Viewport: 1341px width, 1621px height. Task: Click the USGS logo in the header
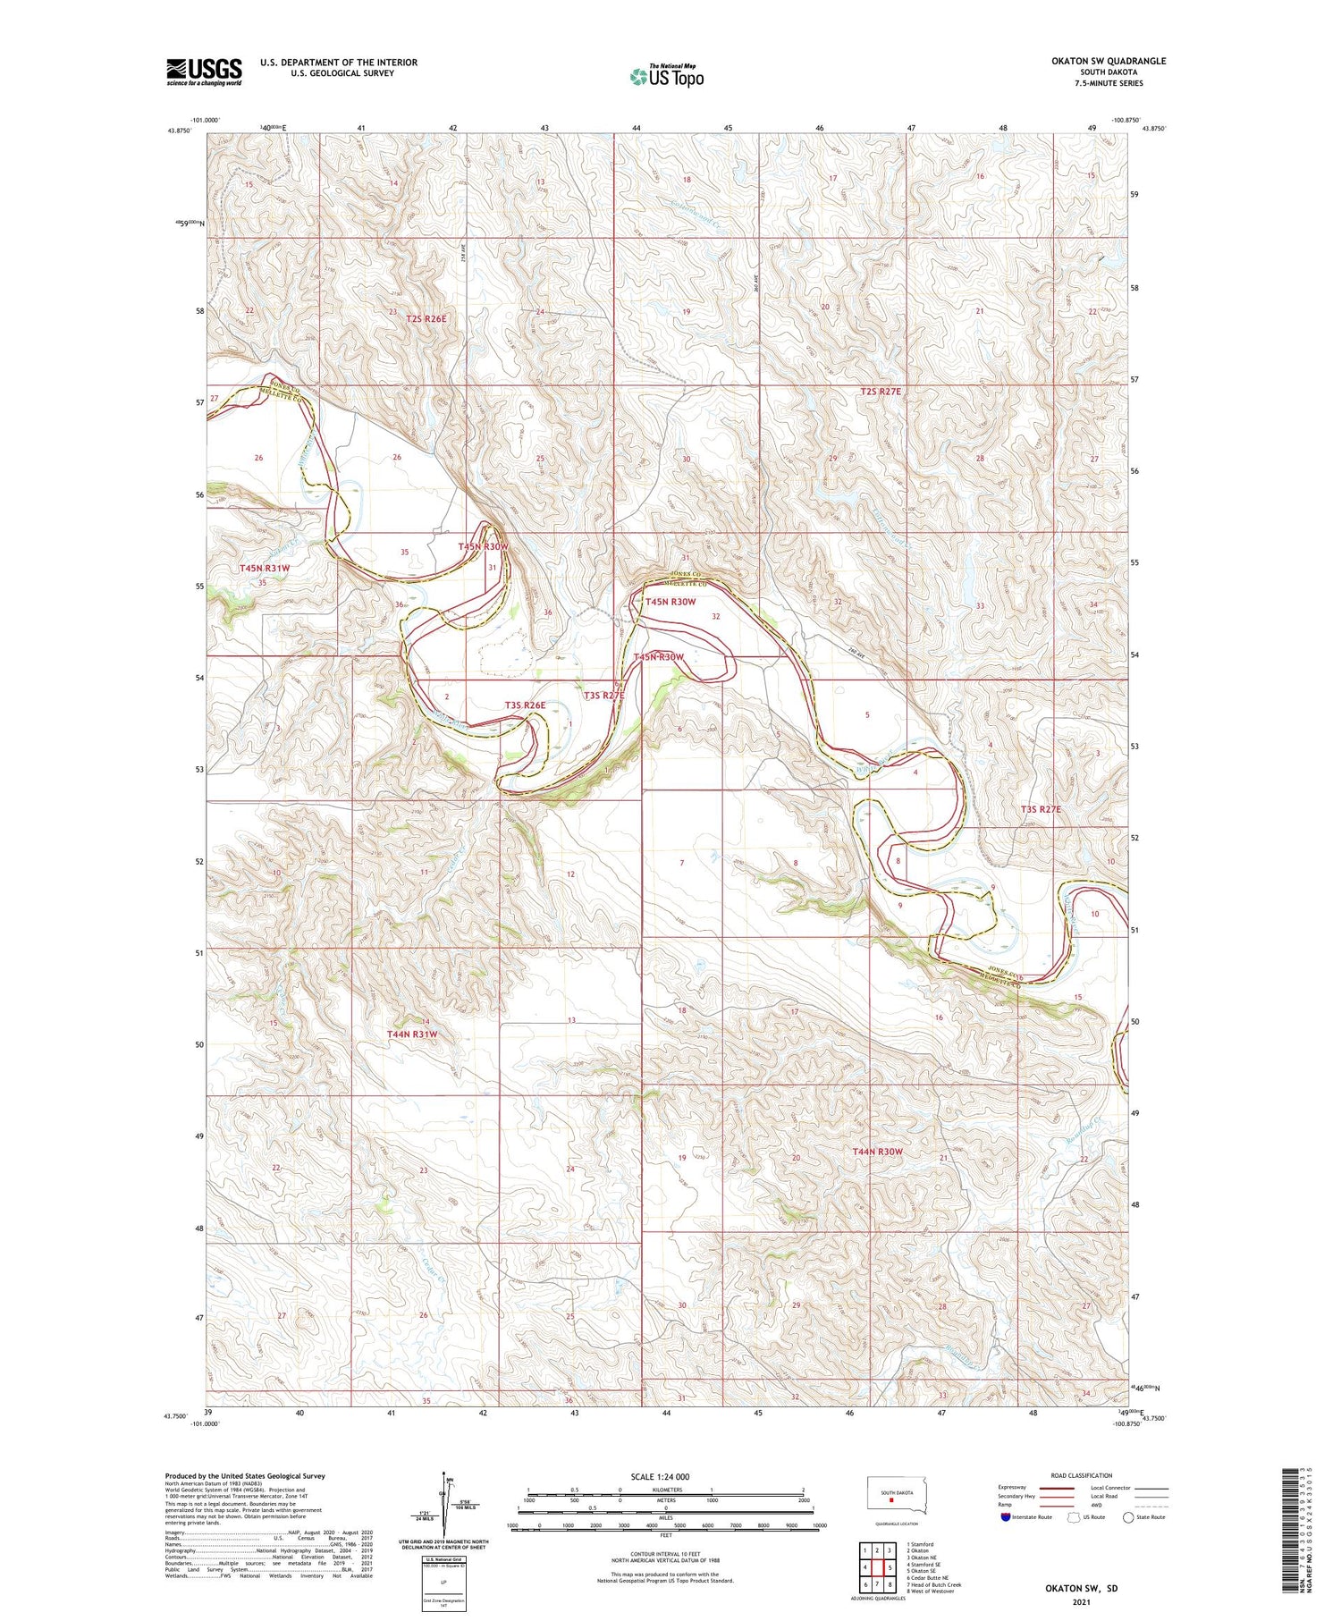click(x=204, y=72)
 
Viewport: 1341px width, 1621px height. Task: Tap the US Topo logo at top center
click(x=666, y=76)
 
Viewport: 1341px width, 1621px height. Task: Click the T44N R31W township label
click(x=412, y=1034)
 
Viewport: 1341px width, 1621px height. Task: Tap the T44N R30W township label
click(x=877, y=1152)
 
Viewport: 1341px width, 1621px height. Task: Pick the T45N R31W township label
click(x=265, y=568)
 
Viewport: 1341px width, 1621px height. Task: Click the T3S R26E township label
click(x=525, y=705)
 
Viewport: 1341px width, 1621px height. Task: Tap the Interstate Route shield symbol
click(x=1007, y=1516)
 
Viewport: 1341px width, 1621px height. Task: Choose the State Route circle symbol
click(x=1128, y=1516)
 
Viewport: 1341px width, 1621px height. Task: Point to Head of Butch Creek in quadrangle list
click(x=933, y=1584)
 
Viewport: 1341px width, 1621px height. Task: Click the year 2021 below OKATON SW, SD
click(x=1081, y=1600)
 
